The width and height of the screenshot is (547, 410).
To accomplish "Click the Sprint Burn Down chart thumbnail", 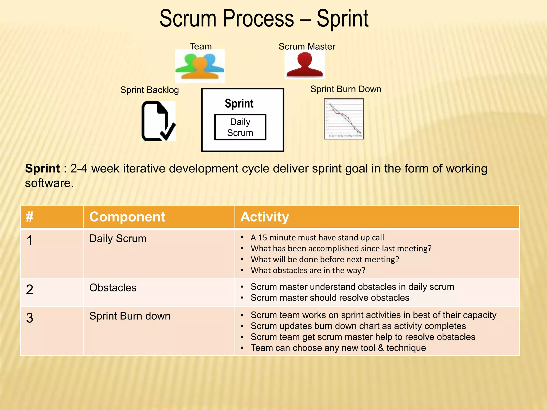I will (344, 119).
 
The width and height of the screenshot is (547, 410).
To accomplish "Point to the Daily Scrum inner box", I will (240, 127).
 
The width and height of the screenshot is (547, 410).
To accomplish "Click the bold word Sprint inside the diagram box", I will (239, 103).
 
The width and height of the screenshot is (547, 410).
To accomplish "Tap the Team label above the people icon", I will (200, 46).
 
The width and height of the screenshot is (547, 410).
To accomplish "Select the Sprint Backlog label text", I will (149, 90).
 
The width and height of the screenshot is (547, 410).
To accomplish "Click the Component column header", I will (127, 217).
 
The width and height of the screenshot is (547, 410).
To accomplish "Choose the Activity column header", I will (264, 217).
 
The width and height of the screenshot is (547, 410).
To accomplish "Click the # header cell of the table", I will (30, 217).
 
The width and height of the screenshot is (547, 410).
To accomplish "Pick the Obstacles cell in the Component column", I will (113, 288).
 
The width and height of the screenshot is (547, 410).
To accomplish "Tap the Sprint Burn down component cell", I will (130, 316).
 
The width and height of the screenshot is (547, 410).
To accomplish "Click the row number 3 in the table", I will (30, 318).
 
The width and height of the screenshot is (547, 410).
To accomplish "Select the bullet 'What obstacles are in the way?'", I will (308, 270).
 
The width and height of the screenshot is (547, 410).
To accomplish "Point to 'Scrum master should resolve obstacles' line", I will (330, 298).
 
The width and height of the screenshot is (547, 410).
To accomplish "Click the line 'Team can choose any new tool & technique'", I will (338, 348).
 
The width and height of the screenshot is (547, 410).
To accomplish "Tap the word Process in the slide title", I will (258, 19).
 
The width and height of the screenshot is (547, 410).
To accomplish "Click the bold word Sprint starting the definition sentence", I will (42, 169).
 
